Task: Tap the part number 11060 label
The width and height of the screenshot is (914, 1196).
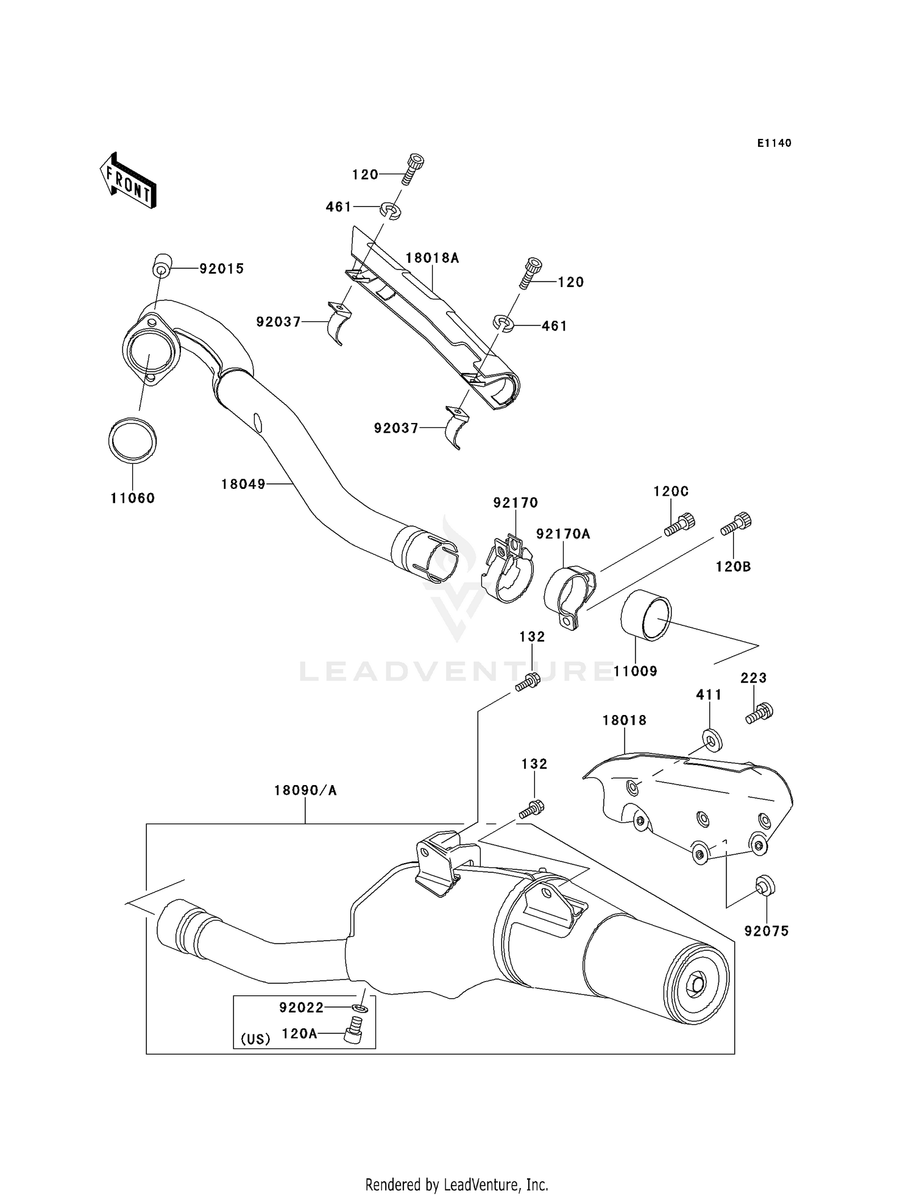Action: pos(133,498)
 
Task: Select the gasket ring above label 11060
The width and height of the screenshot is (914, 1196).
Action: pos(132,440)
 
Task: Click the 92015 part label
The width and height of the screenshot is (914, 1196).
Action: pos(222,269)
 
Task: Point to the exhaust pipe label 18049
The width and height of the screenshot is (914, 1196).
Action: pos(243,484)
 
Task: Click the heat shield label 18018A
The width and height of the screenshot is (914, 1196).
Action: pos(432,258)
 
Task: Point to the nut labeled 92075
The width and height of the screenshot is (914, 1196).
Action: pos(765,885)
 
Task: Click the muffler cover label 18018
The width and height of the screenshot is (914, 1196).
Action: pos(624,721)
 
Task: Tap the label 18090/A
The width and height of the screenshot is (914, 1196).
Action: pos(305,791)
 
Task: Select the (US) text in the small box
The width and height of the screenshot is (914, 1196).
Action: pos(255,1039)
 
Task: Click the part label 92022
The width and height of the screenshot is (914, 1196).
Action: pos(302,1008)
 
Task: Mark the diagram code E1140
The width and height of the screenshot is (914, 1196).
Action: pos(774,143)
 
